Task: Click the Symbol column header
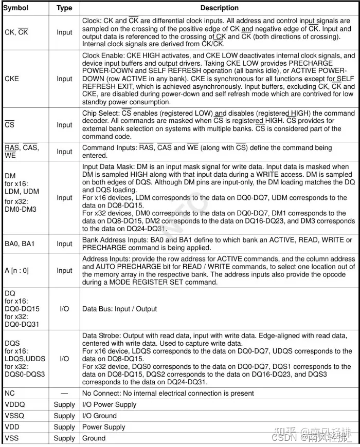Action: coord(16,8)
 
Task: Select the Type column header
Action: coord(64,8)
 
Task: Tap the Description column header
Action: coord(219,8)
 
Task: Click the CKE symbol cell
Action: coord(12,79)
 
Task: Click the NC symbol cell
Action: coord(10,394)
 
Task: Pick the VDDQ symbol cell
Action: coord(15,405)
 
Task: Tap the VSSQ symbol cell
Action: coord(15,416)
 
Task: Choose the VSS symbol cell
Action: coord(11,438)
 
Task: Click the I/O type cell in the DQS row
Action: coord(64,359)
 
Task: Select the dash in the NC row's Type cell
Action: coord(64,394)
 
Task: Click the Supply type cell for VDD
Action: coord(64,427)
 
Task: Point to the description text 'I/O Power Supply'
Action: coord(110,405)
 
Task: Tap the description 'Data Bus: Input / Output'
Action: coord(120,309)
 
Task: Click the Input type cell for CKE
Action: coord(64,79)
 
